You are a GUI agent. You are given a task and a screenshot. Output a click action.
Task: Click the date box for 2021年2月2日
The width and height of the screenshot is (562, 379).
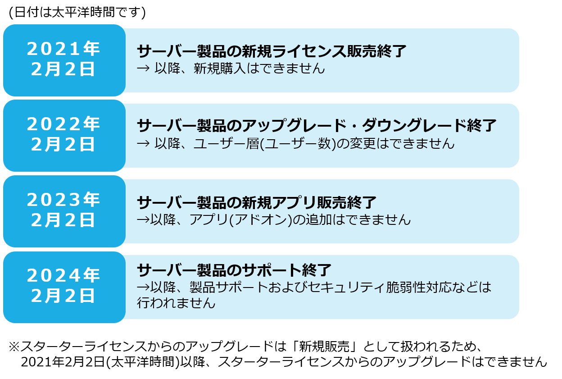click(x=64, y=60)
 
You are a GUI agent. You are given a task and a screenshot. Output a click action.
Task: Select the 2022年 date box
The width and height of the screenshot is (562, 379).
click(x=64, y=136)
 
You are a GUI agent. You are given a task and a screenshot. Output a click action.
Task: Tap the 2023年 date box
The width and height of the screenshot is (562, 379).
click(x=64, y=211)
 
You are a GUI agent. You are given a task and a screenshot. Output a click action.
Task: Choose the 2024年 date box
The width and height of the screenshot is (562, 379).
click(x=64, y=287)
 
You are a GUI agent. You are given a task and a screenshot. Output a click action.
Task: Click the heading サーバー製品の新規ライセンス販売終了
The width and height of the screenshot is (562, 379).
click(x=272, y=51)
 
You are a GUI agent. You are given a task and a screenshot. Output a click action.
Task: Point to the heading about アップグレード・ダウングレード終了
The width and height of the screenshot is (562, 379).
click(x=317, y=126)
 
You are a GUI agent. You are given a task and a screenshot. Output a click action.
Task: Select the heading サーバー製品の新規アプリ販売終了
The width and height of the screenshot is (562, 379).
click(x=256, y=202)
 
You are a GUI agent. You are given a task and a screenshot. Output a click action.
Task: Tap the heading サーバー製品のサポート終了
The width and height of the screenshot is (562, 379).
click(x=234, y=270)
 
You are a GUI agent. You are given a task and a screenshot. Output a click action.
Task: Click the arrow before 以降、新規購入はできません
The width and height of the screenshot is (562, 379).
click(x=143, y=68)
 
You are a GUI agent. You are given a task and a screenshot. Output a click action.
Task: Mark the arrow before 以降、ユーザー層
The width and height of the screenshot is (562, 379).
click(x=143, y=144)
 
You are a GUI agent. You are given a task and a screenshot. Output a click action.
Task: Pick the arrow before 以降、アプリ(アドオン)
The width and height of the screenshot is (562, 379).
click(x=143, y=220)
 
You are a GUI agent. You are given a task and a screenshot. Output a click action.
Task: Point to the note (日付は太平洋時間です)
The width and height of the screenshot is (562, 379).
click(x=77, y=12)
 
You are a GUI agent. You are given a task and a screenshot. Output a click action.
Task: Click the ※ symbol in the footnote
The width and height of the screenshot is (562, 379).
click(x=14, y=347)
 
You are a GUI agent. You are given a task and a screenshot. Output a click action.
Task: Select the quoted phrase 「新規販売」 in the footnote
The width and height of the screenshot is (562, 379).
click(x=324, y=347)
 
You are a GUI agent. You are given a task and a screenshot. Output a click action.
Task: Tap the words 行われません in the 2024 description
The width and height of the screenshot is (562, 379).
click(x=176, y=303)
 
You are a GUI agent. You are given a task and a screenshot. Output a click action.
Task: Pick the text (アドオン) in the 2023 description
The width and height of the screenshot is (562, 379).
click(x=260, y=220)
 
